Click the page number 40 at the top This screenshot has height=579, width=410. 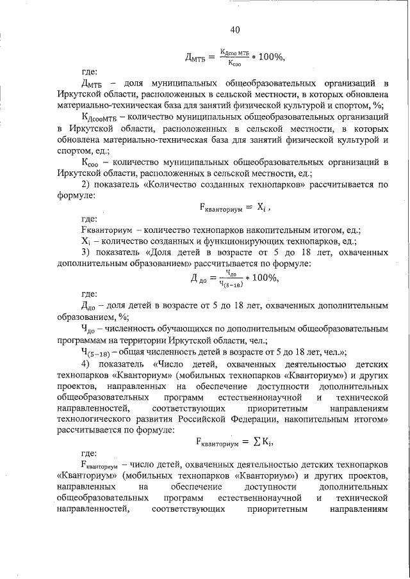point(235,29)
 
